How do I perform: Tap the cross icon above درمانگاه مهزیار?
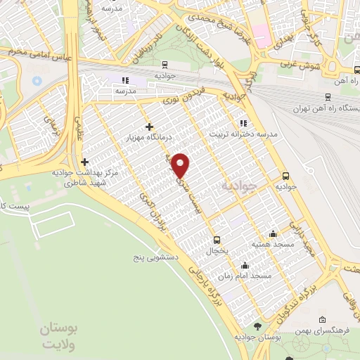coord(148,127)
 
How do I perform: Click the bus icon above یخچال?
coord(217,239)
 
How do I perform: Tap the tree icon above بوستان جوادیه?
coord(257,326)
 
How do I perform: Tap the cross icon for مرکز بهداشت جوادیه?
coord(84,162)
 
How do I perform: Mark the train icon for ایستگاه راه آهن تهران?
coord(328,97)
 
